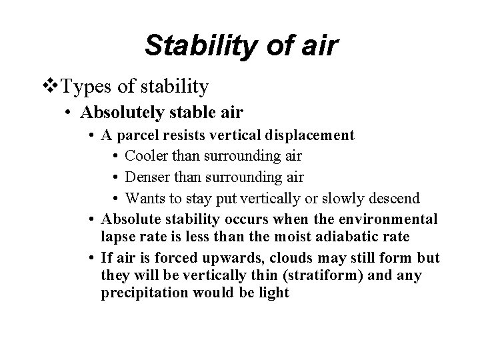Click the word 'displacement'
[313, 135]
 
